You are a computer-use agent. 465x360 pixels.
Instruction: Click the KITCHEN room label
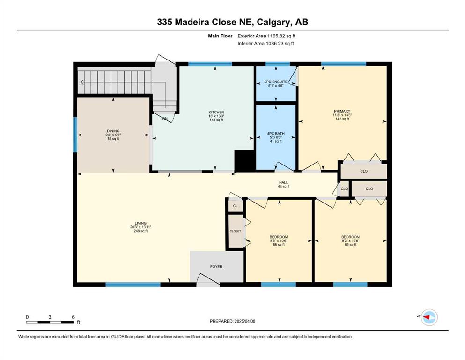tap(216, 112)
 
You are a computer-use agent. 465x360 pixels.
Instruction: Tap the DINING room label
tap(113, 131)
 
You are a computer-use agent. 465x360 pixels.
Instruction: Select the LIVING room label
tap(140, 223)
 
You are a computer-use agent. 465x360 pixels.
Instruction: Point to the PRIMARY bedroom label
tap(342, 111)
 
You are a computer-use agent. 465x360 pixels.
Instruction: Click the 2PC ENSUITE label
tap(276, 82)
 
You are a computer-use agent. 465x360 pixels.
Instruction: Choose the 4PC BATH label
tap(276, 134)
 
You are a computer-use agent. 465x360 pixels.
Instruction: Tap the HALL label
tap(283, 182)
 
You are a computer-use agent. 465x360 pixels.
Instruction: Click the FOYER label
tap(216, 267)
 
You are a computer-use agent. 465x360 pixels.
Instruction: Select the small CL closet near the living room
tap(235, 206)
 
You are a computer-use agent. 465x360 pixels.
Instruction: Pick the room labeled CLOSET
tap(236, 231)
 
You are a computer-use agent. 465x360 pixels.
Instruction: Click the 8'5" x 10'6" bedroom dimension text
tap(279, 240)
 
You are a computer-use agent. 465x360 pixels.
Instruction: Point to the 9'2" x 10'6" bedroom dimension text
tap(351, 240)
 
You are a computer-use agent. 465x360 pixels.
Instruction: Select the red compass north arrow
tap(427, 317)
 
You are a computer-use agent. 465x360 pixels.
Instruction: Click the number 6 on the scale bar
tap(73, 317)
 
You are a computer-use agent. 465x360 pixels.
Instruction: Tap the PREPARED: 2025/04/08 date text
tap(232, 321)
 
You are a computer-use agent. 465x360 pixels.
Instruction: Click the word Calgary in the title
tap(273, 22)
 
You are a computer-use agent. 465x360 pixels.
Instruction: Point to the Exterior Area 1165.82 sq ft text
tap(266, 36)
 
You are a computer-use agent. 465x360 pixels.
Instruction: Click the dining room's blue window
tap(75, 135)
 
